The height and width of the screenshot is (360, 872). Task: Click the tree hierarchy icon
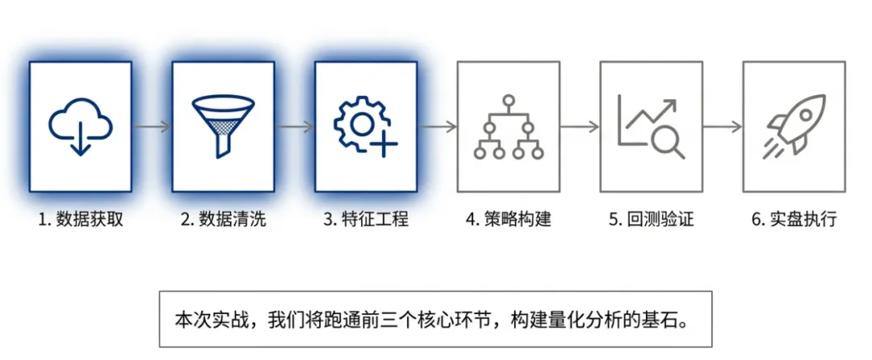pos(509,128)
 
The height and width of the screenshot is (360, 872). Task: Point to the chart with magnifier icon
pos(651,128)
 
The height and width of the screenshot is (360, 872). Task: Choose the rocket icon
pos(794,128)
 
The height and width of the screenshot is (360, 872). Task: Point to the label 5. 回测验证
pos(651,220)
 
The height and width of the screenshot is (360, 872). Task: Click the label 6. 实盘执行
pos(794,220)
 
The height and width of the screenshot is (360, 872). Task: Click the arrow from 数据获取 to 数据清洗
pos(152,128)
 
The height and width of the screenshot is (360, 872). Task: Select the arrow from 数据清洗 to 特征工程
pos(295,128)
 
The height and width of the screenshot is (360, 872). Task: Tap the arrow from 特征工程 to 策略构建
pos(437,128)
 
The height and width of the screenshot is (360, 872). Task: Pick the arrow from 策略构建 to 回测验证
pos(580,128)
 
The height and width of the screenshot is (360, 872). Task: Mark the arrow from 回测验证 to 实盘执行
pos(723,128)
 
